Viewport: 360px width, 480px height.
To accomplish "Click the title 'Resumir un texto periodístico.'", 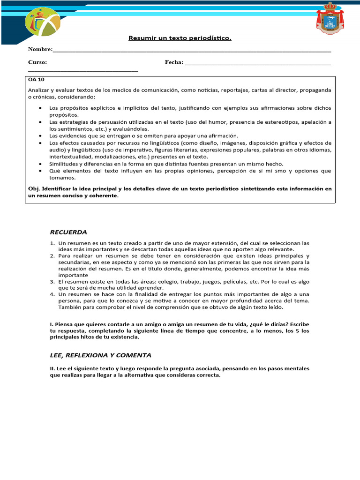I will click(180, 37).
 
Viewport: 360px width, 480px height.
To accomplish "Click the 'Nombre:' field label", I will click(40, 49).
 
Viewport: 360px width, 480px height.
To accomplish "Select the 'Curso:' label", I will click(37, 62).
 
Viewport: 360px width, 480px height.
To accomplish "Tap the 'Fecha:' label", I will click(174, 62).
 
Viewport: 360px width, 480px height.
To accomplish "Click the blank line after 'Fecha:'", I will click(258, 63).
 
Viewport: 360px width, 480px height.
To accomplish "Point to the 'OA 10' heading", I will click(36, 80).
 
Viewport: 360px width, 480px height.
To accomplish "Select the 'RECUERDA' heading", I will click(68, 232).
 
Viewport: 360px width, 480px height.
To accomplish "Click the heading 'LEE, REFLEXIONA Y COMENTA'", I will click(100, 355).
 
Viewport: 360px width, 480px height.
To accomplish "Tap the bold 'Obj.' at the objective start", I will click(33, 189).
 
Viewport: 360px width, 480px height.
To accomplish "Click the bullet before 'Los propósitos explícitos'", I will click(40, 108).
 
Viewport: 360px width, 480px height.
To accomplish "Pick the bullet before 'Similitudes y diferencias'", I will click(40, 164).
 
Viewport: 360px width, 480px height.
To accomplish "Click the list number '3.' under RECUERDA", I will click(52, 282).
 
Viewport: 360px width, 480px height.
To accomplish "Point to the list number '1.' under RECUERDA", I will click(52, 243).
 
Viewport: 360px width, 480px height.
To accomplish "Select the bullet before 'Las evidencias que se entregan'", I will click(40, 136).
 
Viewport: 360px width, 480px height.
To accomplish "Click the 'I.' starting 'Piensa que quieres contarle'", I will click(52, 324).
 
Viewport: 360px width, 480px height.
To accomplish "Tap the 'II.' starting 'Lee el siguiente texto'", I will click(52, 368).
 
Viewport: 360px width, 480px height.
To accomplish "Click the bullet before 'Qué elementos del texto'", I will click(40, 171).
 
